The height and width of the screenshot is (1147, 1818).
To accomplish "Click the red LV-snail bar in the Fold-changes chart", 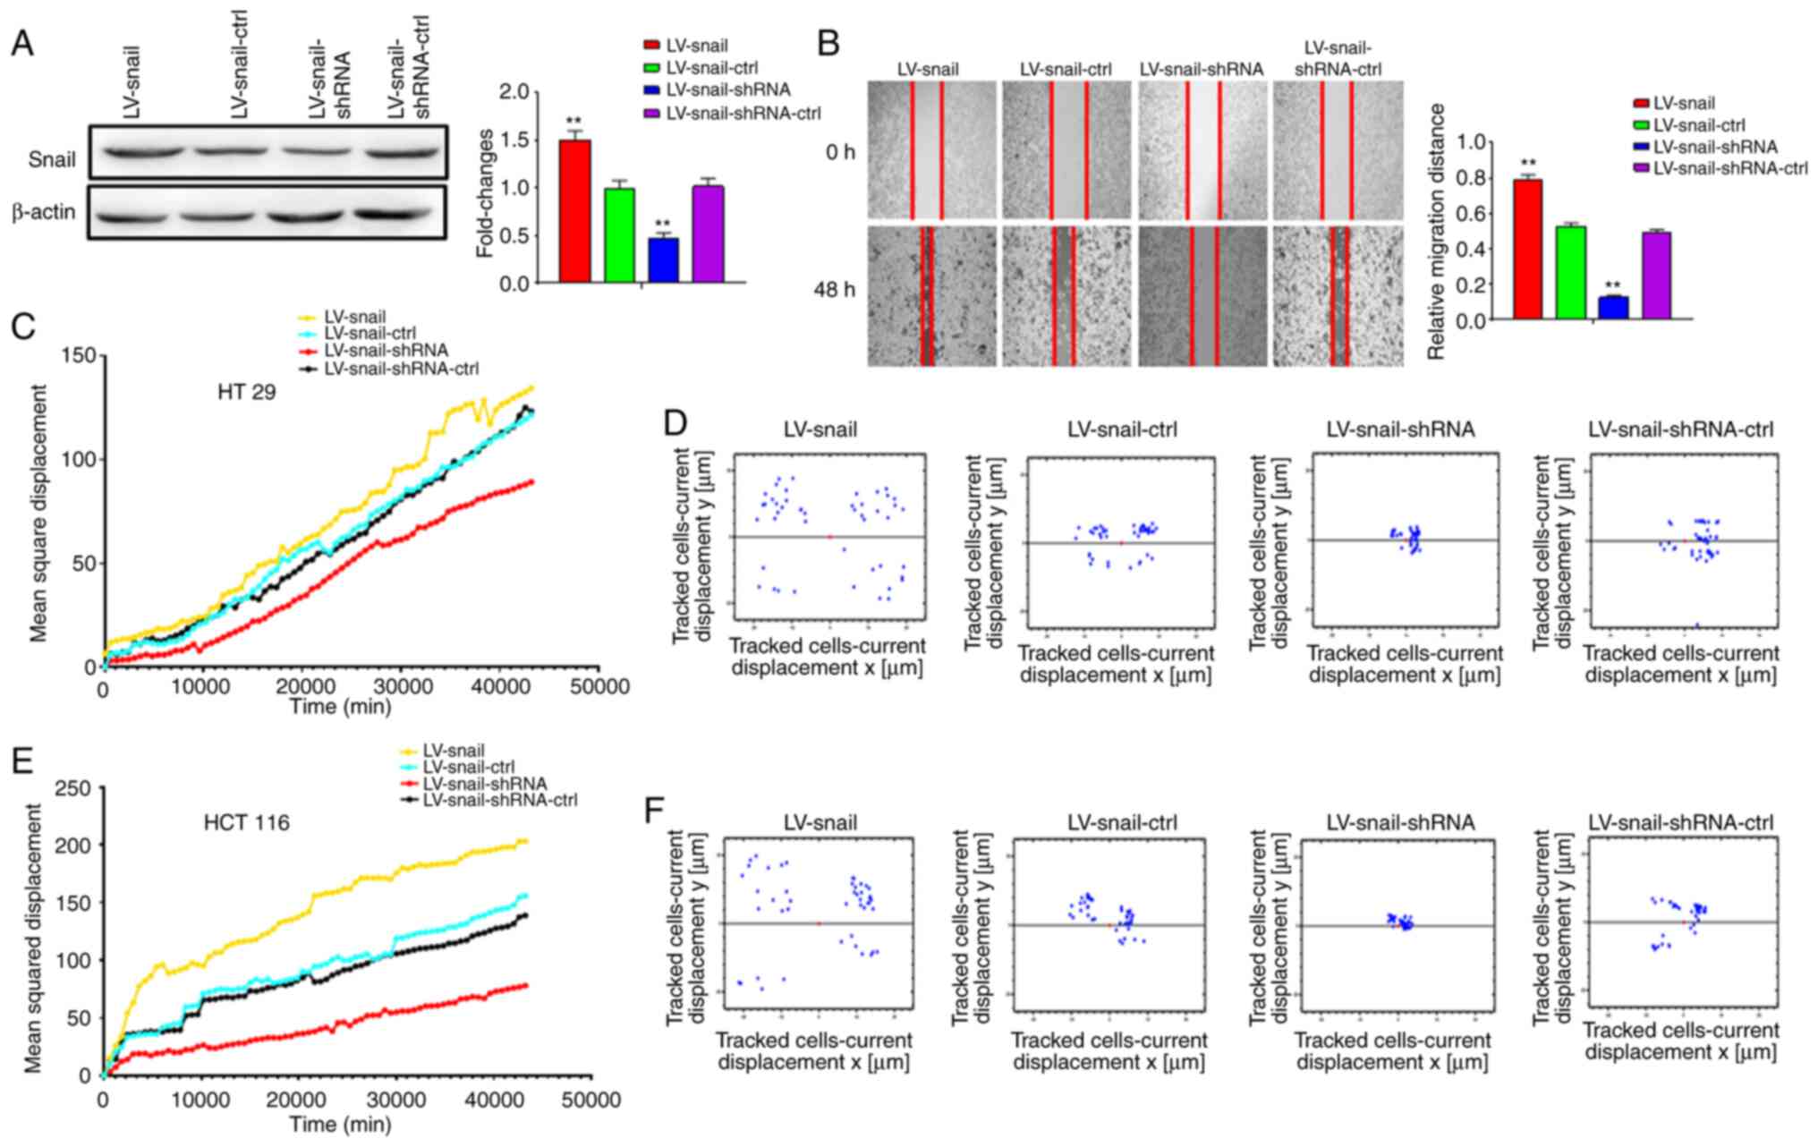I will [x=574, y=211].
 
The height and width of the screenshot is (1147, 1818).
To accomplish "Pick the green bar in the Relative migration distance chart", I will [x=1570, y=272].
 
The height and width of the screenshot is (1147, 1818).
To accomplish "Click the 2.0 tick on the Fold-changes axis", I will [x=514, y=92].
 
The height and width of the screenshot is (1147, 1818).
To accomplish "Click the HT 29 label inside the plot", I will [x=246, y=391].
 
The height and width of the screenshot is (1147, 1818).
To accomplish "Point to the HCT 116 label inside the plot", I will [x=247, y=821].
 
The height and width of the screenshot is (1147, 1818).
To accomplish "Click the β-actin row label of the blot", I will [x=43, y=213].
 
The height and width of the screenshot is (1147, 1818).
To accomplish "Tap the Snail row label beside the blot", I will [x=52, y=160].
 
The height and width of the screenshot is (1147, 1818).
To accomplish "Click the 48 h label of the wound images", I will [x=834, y=290].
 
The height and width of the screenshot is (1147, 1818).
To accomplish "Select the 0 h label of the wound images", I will [x=839, y=151].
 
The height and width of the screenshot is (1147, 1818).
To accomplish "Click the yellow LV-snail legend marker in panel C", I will [x=309, y=317].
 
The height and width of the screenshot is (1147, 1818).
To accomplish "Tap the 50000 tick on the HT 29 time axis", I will [x=599, y=686].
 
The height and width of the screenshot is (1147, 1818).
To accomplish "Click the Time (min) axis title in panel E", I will [x=340, y=1124].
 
